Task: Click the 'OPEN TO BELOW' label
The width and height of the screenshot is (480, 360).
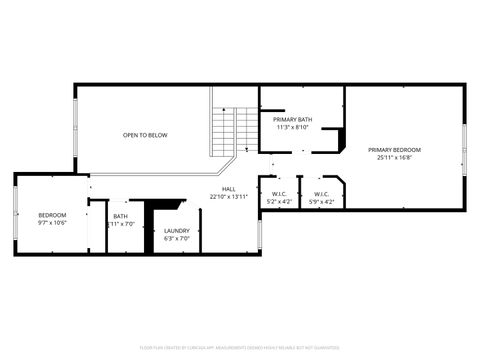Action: coord(145,134)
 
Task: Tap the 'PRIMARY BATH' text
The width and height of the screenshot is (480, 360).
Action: coord(292,119)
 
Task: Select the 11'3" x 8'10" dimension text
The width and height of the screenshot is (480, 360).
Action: coord(292,127)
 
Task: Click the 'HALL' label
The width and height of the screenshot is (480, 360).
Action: coord(229,188)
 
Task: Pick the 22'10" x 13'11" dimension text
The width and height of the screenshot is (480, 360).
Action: coord(229,196)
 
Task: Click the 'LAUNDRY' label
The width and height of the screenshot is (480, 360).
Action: coord(176,230)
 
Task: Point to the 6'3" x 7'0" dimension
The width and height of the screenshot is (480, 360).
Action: coord(176,238)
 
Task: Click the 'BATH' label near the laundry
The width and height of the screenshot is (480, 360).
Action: coord(120,216)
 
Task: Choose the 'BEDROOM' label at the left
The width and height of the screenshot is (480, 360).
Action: coord(52,215)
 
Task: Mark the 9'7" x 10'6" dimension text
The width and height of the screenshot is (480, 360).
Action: coord(52,223)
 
